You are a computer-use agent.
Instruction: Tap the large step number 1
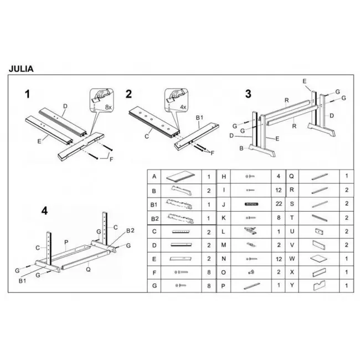[x=27, y=94]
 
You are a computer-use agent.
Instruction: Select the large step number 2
[x=128, y=93]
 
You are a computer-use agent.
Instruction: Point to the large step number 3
[x=248, y=94]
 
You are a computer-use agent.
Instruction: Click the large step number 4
[x=45, y=210]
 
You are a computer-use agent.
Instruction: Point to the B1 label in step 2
[x=200, y=118]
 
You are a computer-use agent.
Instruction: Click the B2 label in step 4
[x=131, y=230]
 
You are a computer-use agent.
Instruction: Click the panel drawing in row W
[x=319, y=258]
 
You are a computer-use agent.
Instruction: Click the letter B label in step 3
[x=241, y=148]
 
